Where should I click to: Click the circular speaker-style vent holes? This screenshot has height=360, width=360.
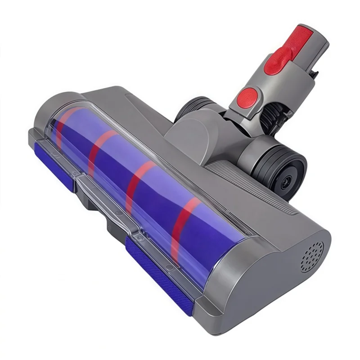click(312, 256)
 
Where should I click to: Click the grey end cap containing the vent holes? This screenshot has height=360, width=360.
click(288, 279)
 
